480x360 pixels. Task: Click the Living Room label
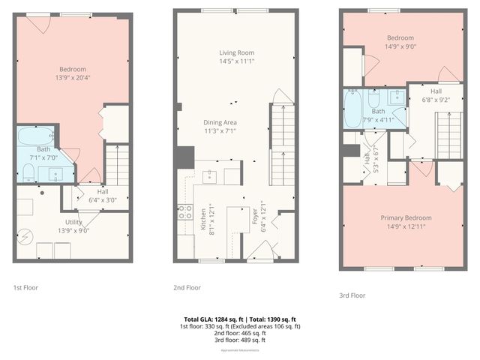coord(236,53)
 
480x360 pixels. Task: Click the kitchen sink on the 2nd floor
coord(210,176)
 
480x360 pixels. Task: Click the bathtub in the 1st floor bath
coord(34,136)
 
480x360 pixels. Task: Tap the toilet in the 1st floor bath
coord(28,173)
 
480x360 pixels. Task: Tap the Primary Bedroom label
coord(404,218)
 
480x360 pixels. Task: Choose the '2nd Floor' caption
coord(187,287)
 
